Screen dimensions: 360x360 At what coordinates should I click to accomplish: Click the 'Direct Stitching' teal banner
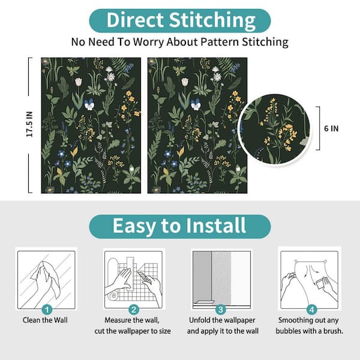coord(180,20)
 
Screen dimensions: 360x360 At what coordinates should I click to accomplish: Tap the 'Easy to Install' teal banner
coord(180,226)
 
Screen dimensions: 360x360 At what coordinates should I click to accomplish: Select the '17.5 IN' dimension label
coord(29,124)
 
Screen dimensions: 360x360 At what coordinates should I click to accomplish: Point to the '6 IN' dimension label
coord(331,128)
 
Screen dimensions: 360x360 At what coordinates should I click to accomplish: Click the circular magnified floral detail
coord(274,129)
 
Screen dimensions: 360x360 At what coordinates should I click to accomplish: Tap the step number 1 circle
coord(47,310)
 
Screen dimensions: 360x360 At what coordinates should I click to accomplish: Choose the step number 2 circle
coord(134,310)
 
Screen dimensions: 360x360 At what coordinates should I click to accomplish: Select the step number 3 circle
coord(220,310)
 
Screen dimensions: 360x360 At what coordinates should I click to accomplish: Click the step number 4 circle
coord(311,310)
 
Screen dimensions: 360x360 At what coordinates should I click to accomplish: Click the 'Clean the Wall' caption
coord(45,320)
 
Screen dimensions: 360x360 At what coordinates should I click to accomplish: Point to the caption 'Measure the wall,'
coord(132,320)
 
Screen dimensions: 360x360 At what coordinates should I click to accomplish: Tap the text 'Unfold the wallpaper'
coord(222,320)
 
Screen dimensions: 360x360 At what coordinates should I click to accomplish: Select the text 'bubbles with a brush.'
coord(309,331)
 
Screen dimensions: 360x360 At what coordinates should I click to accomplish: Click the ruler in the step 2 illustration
coord(130,273)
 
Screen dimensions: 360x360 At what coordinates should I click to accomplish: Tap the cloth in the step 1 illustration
coord(47,279)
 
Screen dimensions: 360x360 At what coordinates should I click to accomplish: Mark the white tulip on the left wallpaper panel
coord(78,82)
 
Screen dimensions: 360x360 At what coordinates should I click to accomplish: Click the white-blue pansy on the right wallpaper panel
coord(196,104)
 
